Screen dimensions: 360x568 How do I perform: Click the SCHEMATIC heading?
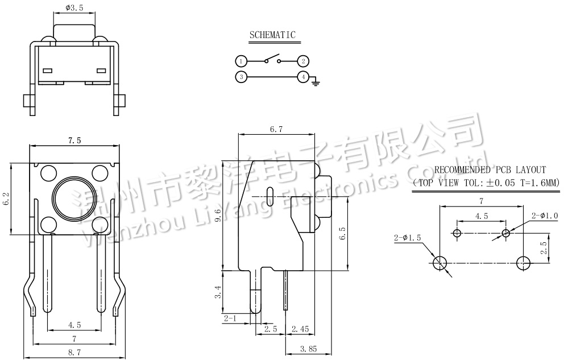[x=272, y=35]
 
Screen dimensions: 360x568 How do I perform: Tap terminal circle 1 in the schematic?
[x=241, y=61]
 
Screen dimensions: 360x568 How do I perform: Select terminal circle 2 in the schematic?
[x=304, y=61]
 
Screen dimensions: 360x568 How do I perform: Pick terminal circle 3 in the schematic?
[x=241, y=77]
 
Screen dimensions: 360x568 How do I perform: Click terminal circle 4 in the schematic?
[x=304, y=77]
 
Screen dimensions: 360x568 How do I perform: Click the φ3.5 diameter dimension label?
[x=75, y=8]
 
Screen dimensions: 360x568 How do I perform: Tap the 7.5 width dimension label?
[x=74, y=140]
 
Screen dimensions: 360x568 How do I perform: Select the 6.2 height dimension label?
[x=6, y=198]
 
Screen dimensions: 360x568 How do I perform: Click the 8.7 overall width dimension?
[x=74, y=353]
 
